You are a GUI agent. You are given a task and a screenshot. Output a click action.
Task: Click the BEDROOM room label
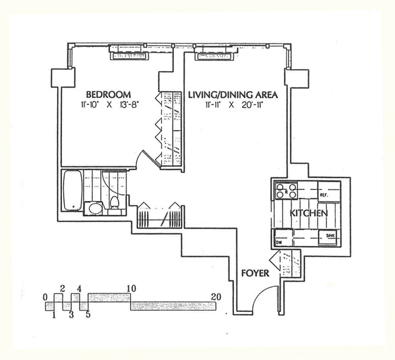pyautogui.click(x=109, y=95)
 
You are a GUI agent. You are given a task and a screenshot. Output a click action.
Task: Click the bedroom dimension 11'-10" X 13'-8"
pyautogui.click(x=108, y=106)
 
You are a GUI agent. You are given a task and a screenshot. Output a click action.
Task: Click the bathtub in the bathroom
pyautogui.click(x=72, y=190)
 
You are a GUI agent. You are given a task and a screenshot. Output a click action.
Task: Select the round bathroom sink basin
pyautogui.click(x=94, y=209)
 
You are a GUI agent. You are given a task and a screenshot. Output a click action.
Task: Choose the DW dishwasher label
pyautogui.click(x=280, y=242)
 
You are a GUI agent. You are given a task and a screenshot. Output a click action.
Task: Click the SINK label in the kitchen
pyautogui.click(x=331, y=235)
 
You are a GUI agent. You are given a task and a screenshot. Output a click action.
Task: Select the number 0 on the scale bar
pyautogui.click(x=46, y=296)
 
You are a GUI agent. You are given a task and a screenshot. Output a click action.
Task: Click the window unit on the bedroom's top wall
pyautogui.click(x=128, y=55)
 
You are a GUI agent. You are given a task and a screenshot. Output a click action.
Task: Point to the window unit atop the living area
pyautogui.click(x=212, y=55)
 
